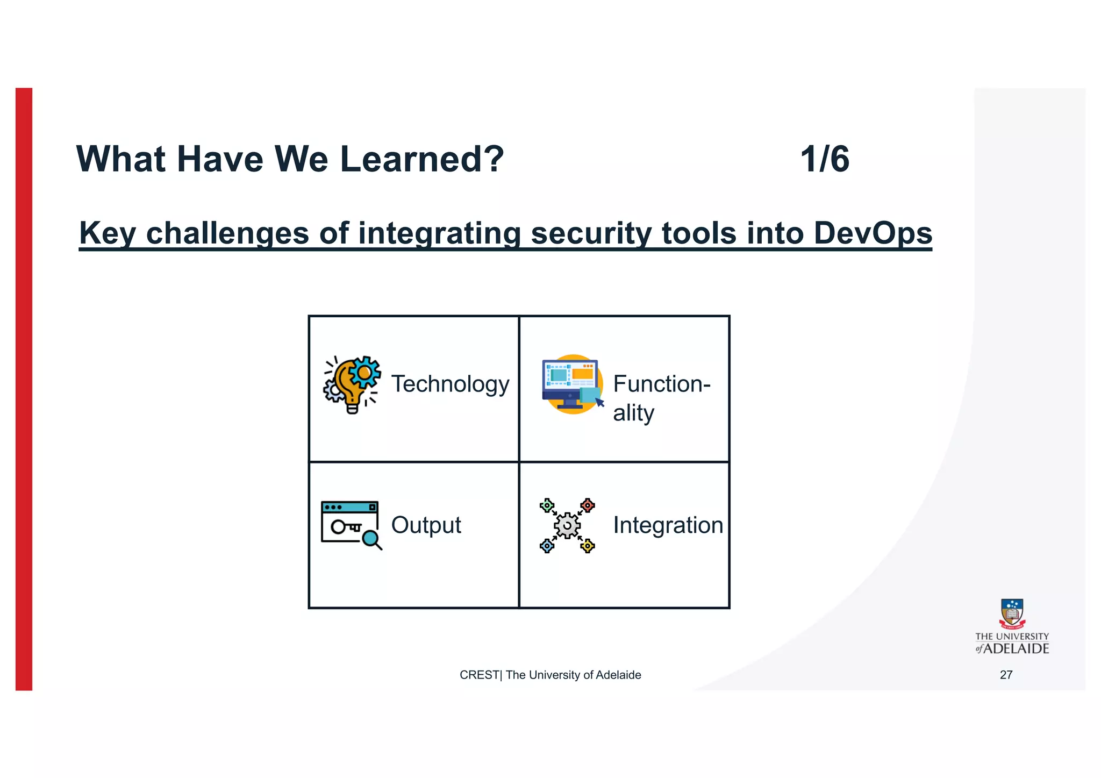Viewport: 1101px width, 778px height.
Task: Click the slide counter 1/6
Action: [x=824, y=159]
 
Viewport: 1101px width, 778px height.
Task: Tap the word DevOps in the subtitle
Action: [x=872, y=233]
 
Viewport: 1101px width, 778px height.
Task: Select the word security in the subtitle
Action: [x=591, y=233]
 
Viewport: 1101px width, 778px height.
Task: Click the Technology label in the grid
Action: [x=450, y=384]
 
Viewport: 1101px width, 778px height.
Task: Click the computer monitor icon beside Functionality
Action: [x=571, y=383]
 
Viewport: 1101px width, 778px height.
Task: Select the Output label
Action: [x=426, y=525]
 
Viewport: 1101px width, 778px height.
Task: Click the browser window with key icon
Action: [x=349, y=523]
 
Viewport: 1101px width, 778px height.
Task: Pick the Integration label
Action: [x=668, y=525]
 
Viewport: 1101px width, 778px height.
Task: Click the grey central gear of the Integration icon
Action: [x=567, y=525]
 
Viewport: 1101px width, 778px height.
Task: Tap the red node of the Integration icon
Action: [x=588, y=505]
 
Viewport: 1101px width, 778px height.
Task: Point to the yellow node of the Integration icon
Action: [x=588, y=546]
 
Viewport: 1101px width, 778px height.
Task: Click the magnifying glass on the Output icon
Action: [x=371, y=538]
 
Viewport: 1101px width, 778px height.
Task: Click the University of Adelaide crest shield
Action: [x=1012, y=612]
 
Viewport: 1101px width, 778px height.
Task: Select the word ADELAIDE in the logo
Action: [x=1016, y=648]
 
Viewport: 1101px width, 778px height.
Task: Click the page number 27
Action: [x=1006, y=675]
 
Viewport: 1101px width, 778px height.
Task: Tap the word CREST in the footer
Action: [x=478, y=675]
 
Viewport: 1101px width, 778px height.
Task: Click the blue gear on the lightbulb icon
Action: [x=365, y=371]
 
